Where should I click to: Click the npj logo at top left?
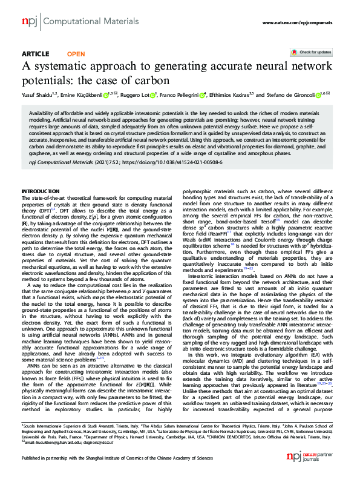click(28, 22)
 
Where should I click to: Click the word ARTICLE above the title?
click(35, 54)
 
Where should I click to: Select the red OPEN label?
click(76, 54)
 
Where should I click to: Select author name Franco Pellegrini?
click(182, 95)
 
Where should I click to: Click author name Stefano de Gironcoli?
click(293, 95)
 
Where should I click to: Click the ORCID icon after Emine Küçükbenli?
click(105, 95)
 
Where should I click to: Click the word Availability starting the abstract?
click(44, 113)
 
